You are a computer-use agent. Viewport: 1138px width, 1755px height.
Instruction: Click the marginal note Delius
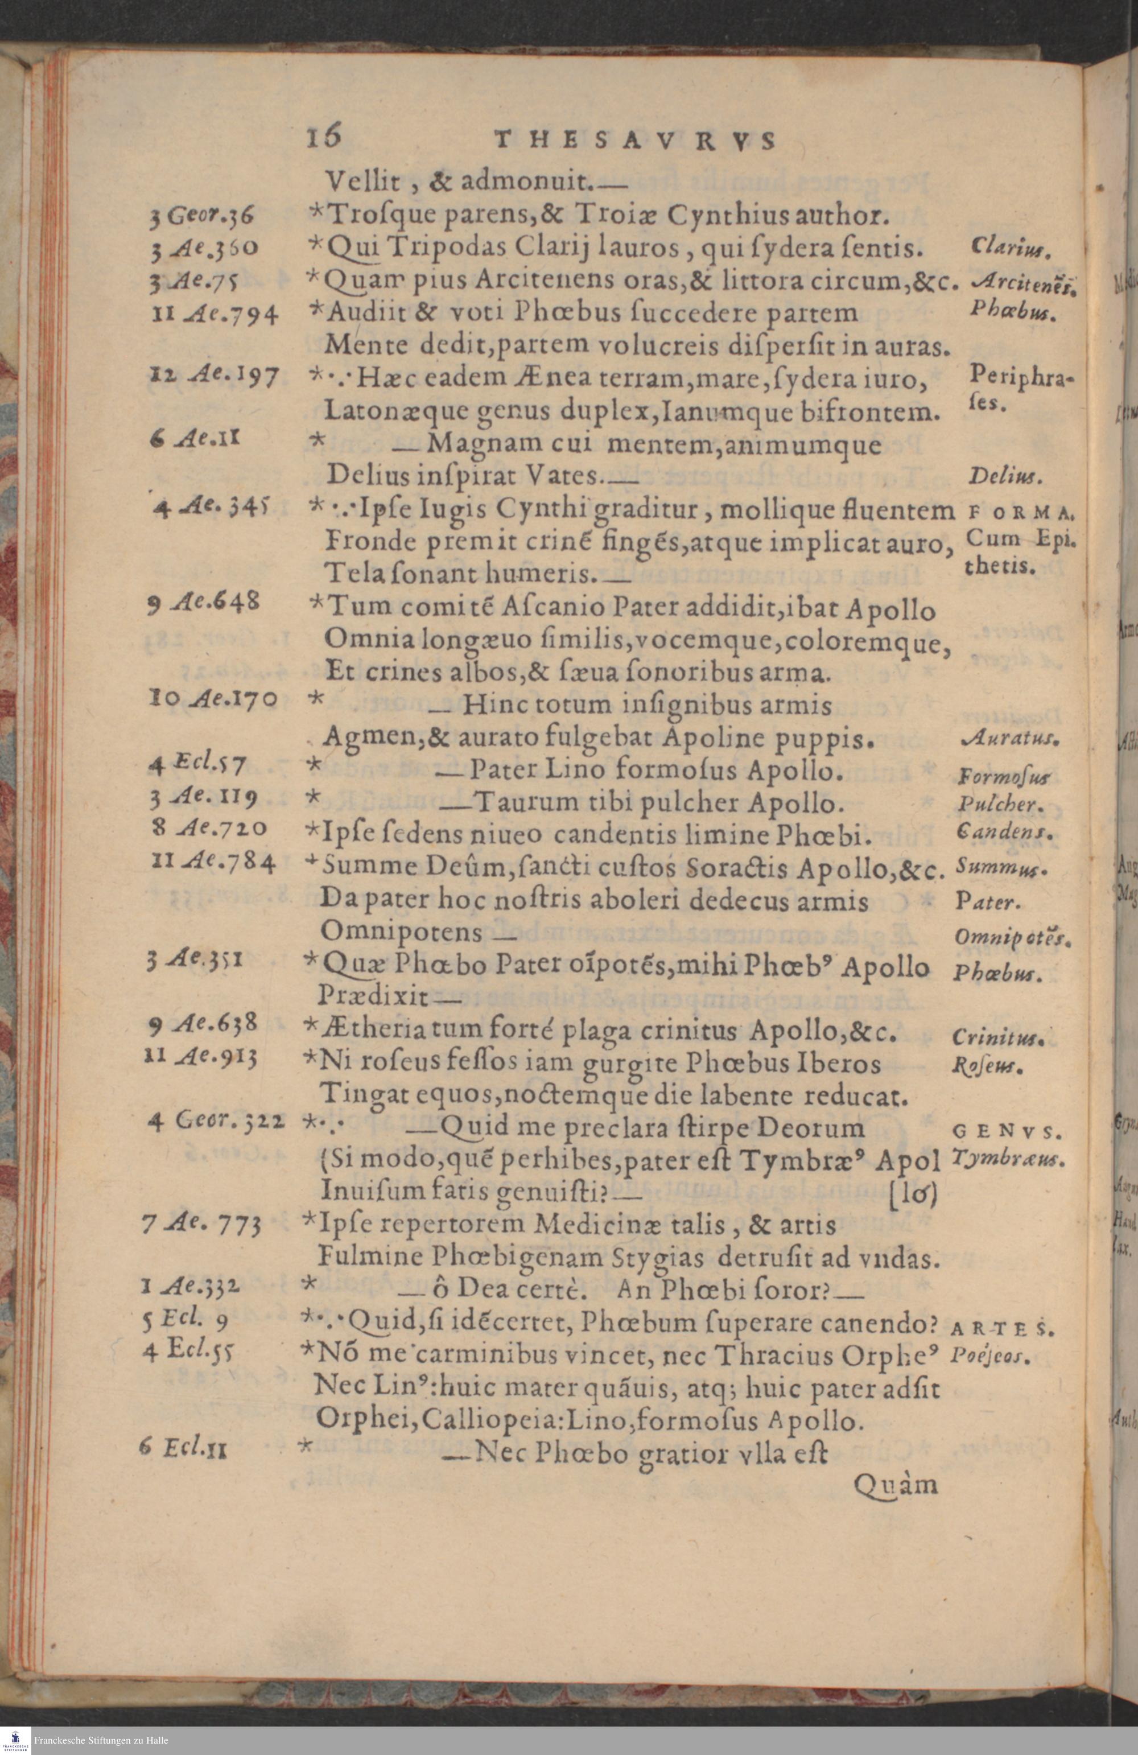point(1004,479)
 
